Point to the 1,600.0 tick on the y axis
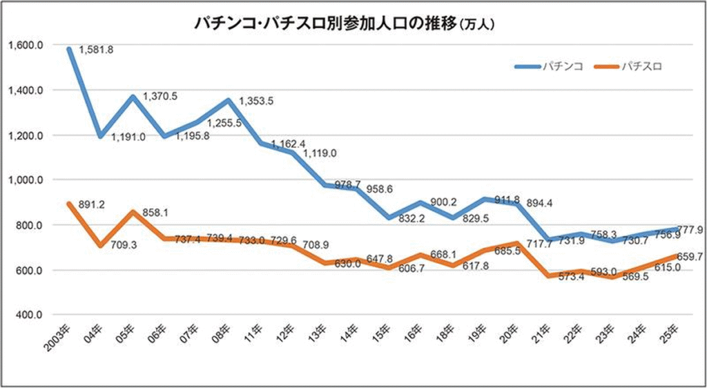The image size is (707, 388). pyautogui.click(x=28, y=45)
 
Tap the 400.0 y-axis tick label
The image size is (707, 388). pyautogui.click(x=30, y=315)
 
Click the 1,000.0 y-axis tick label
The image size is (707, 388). pyautogui.click(x=28, y=180)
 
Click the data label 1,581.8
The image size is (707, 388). pyautogui.click(x=96, y=50)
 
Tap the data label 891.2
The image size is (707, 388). pyautogui.click(x=92, y=205)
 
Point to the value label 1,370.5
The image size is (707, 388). pyautogui.click(x=159, y=96)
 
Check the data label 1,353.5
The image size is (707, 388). pyautogui.click(x=256, y=101)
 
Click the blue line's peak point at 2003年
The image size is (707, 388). pyautogui.click(x=69, y=49)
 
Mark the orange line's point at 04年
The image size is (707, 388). pyautogui.click(x=101, y=245)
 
